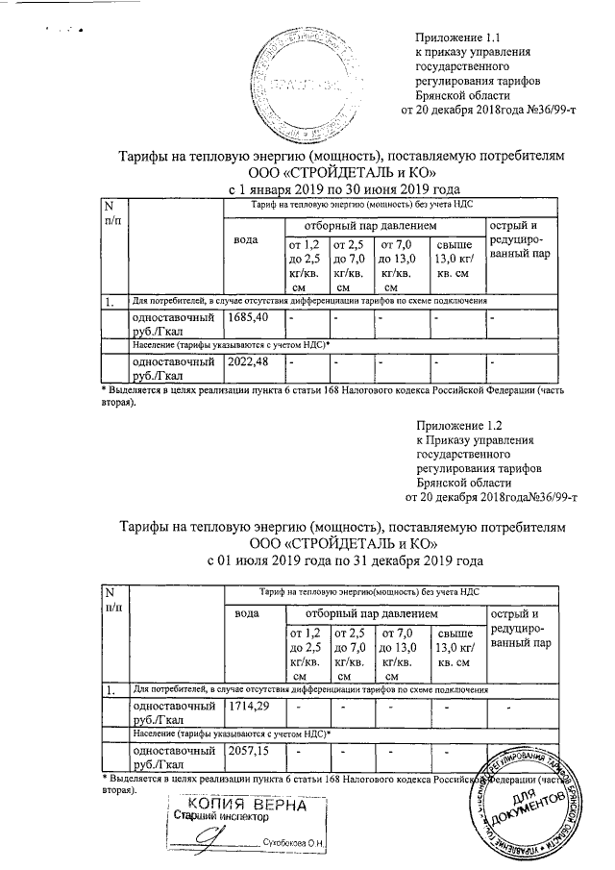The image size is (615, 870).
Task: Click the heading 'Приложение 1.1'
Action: [456, 37]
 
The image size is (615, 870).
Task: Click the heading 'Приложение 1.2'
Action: [459, 423]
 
